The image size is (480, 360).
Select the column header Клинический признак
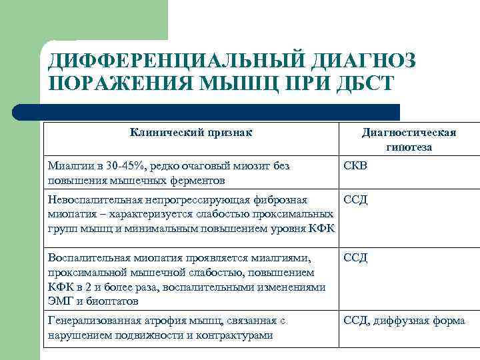coord(191,132)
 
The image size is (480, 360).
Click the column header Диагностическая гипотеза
coord(409,139)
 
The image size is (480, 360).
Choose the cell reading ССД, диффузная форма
coord(404,321)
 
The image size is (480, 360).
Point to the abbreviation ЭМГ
coord(60,301)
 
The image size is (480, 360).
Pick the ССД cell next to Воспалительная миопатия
coord(355,257)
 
